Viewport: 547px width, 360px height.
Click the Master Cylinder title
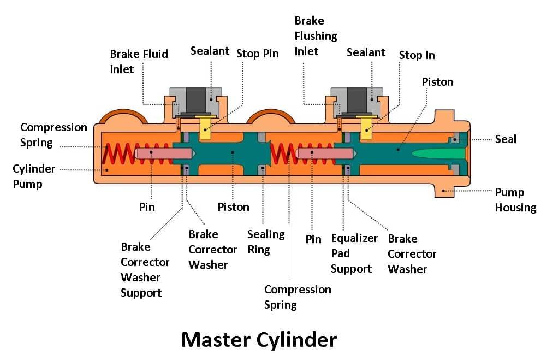(259, 340)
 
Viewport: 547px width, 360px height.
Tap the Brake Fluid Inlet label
(139, 61)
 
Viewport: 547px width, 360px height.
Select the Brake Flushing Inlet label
(316, 36)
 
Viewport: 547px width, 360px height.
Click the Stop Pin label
(257, 54)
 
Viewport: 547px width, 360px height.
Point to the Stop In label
(417, 55)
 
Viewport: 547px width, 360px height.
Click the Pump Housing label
(515, 200)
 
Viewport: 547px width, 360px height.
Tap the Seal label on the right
(505, 139)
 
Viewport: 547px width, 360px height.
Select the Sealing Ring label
(266, 241)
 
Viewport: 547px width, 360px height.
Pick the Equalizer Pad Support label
(354, 253)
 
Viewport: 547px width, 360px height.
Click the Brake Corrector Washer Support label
(145, 269)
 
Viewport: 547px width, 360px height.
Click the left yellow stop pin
(206, 127)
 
